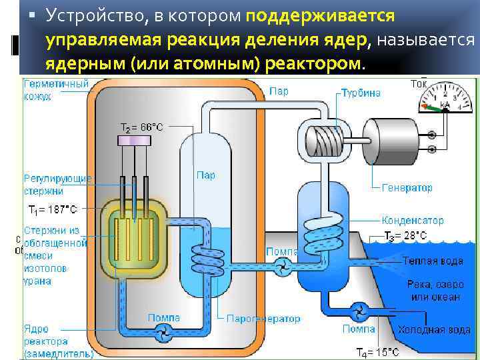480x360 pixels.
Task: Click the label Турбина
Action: tap(361, 93)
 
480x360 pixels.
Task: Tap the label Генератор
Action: tap(407, 188)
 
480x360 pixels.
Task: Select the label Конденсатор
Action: tap(413, 220)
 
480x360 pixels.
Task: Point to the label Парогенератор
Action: tap(263, 319)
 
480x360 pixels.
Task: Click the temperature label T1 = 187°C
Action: tap(52, 209)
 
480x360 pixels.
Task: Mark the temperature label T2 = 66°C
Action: tap(141, 127)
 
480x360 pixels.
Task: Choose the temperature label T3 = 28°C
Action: tap(405, 235)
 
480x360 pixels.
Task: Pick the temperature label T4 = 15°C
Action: tap(377, 352)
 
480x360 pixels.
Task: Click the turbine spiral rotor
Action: tap(323, 139)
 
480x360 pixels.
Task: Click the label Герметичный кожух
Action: tap(57, 91)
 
